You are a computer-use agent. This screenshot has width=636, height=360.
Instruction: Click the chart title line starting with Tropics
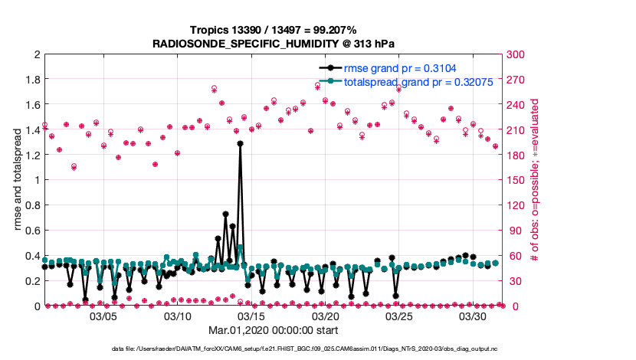pos(274,29)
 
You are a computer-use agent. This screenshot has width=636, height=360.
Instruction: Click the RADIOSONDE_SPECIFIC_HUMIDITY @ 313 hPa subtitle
pos(274,43)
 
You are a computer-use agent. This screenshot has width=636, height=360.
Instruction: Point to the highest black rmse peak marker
pos(240,143)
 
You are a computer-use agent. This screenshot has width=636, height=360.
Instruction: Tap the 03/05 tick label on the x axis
pos(104,316)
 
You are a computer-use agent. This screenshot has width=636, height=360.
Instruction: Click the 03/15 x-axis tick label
pos(252,316)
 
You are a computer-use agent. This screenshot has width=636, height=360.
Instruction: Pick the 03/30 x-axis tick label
pos(474,316)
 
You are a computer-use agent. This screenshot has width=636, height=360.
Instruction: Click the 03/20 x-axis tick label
pos(326,316)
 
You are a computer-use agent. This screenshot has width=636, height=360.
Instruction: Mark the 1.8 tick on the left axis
pos(33,80)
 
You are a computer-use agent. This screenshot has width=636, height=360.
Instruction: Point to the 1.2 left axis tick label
pos(33,155)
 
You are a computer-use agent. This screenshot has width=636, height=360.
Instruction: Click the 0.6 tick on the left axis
pos(33,231)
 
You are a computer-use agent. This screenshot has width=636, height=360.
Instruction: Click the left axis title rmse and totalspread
pos(18,181)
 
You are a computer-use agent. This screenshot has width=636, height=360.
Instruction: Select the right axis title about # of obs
pos(536,181)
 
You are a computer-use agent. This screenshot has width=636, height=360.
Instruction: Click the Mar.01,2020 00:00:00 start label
pos(274,330)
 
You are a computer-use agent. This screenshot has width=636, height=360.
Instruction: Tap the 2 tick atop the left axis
pos(37,55)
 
